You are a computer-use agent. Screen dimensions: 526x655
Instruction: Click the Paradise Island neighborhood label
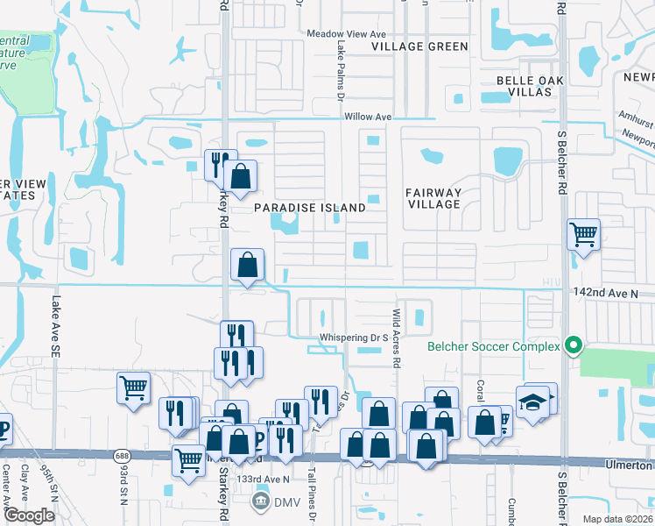(x=310, y=208)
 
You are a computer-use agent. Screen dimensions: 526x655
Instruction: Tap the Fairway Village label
(x=433, y=198)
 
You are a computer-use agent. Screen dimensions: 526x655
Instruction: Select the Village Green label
(x=419, y=46)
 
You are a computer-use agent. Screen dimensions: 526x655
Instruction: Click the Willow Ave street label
(x=367, y=116)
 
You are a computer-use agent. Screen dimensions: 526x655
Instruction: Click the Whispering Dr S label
(x=354, y=337)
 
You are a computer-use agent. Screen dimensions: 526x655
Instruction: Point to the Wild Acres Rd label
(x=397, y=337)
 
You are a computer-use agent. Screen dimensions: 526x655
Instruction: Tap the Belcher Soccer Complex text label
(x=494, y=346)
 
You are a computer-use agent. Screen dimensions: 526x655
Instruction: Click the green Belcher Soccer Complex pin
(x=574, y=345)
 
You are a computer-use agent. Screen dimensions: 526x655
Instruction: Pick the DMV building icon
(x=260, y=501)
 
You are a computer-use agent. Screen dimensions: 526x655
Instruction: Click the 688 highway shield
(x=122, y=456)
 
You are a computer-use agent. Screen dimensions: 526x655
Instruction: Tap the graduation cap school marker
(x=532, y=402)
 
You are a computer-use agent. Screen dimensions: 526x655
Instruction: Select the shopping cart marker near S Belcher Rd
(x=583, y=234)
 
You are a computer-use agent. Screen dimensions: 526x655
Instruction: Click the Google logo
(x=29, y=515)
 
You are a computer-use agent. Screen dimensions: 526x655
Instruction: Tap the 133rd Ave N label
(x=265, y=480)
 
